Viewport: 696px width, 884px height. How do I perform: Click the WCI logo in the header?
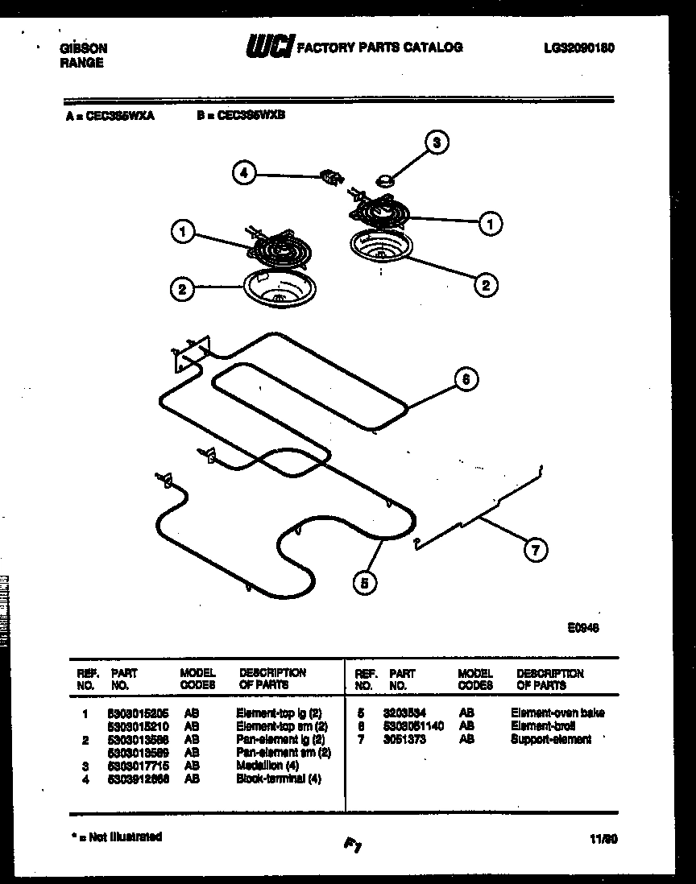pyautogui.click(x=270, y=48)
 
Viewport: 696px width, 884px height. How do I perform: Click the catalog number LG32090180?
pyautogui.click(x=579, y=48)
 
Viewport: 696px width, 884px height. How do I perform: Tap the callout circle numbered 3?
pyautogui.click(x=437, y=143)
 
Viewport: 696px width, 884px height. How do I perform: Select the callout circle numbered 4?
pyautogui.click(x=244, y=171)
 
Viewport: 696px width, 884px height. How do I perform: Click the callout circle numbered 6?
pyautogui.click(x=465, y=379)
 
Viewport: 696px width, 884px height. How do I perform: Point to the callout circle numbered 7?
pyautogui.click(x=534, y=550)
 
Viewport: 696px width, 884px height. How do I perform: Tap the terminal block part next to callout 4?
pyautogui.click(x=330, y=176)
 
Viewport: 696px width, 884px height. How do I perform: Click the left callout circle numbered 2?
pyautogui.click(x=183, y=289)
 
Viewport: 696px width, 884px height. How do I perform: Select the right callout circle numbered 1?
pyautogui.click(x=490, y=222)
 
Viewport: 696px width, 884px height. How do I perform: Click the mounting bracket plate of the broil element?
pyautogui.click(x=192, y=352)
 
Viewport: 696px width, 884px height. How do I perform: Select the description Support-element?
pyautogui.click(x=550, y=739)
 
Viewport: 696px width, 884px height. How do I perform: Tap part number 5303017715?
pyautogui.click(x=139, y=766)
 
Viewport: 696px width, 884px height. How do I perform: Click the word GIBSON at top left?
pyautogui.click(x=84, y=48)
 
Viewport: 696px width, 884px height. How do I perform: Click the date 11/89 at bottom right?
pyautogui.click(x=603, y=839)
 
